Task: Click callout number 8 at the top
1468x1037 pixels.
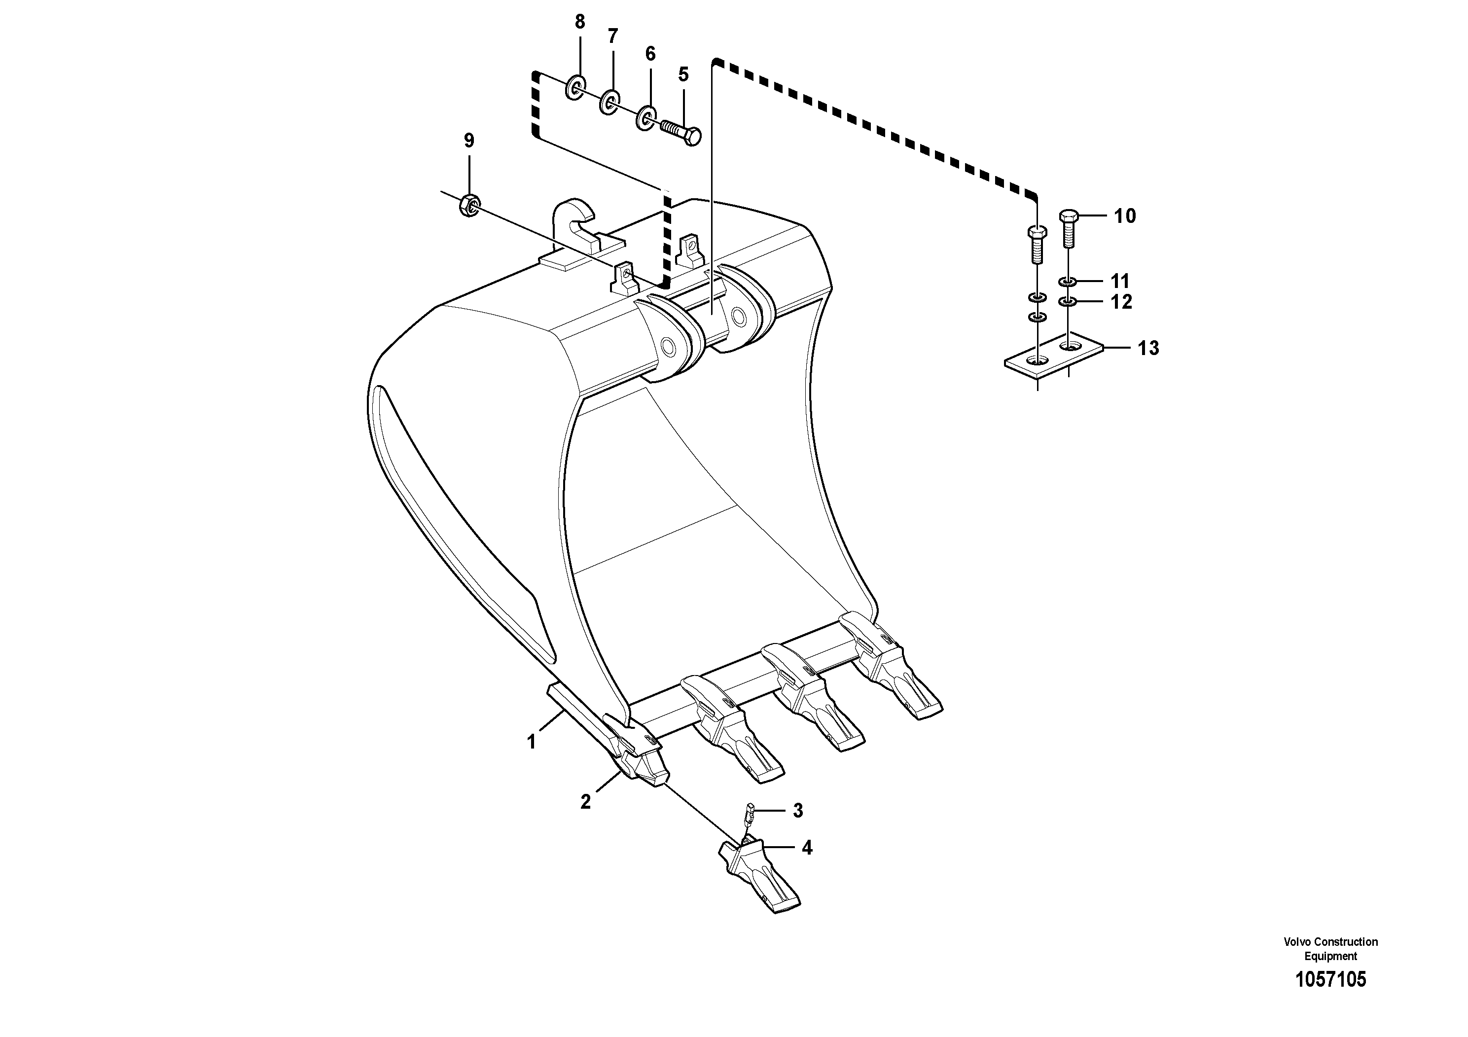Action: [579, 22]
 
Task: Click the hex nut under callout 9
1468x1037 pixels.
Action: [468, 205]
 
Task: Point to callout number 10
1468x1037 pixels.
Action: [1125, 217]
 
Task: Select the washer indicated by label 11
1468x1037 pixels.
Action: [1069, 281]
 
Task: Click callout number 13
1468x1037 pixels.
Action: [1148, 349]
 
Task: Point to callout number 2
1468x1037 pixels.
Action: [586, 802]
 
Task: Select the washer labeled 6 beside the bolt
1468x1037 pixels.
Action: [646, 118]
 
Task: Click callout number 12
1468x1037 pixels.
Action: [1121, 302]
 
